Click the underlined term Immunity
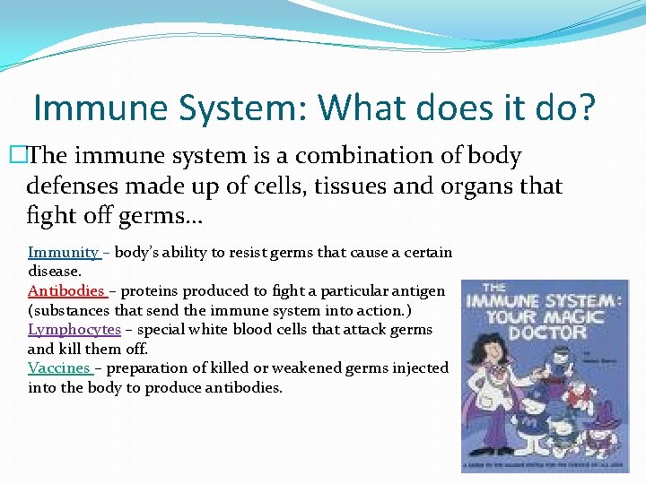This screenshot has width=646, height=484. [63, 253]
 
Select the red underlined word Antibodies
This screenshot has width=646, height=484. [66, 291]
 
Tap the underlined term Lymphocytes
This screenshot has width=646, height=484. [74, 330]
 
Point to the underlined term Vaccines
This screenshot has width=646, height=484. [59, 368]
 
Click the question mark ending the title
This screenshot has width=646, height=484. [585, 108]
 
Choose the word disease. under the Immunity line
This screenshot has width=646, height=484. [55, 271]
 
